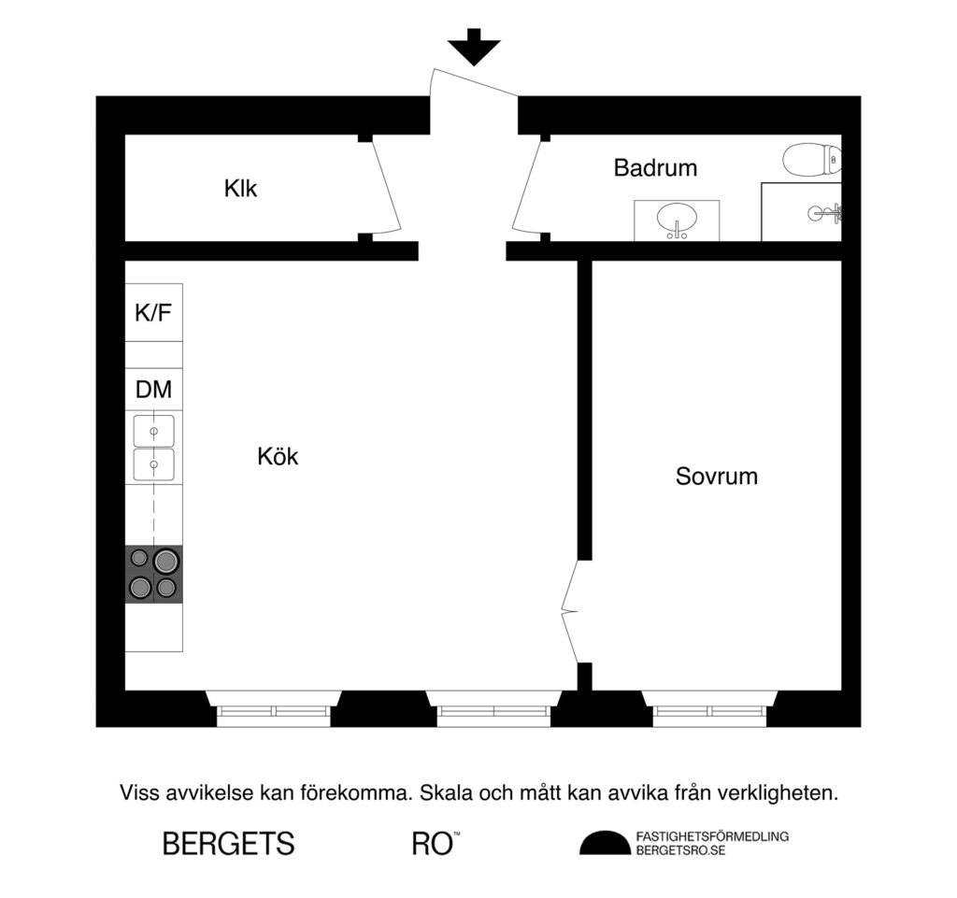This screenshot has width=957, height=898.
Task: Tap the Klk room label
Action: (x=240, y=189)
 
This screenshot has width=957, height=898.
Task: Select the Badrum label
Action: (x=655, y=168)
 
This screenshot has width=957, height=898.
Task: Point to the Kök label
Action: (x=278, y=457)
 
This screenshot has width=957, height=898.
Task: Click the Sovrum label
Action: (x=716, y=477)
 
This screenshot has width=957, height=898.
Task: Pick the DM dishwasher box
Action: (x=153, y=390)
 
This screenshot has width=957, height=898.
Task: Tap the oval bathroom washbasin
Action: (x=677, y=221)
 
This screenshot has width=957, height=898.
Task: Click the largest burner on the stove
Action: (x=166, y=561)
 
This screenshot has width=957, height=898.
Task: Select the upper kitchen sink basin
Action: (x=153, y=431)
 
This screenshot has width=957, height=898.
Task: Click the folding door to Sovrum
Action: (x=569, y=612)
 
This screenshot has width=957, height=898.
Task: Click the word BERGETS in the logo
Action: (x=228, y=844)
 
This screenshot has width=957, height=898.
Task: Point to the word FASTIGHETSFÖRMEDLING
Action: (x=711, y=836)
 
